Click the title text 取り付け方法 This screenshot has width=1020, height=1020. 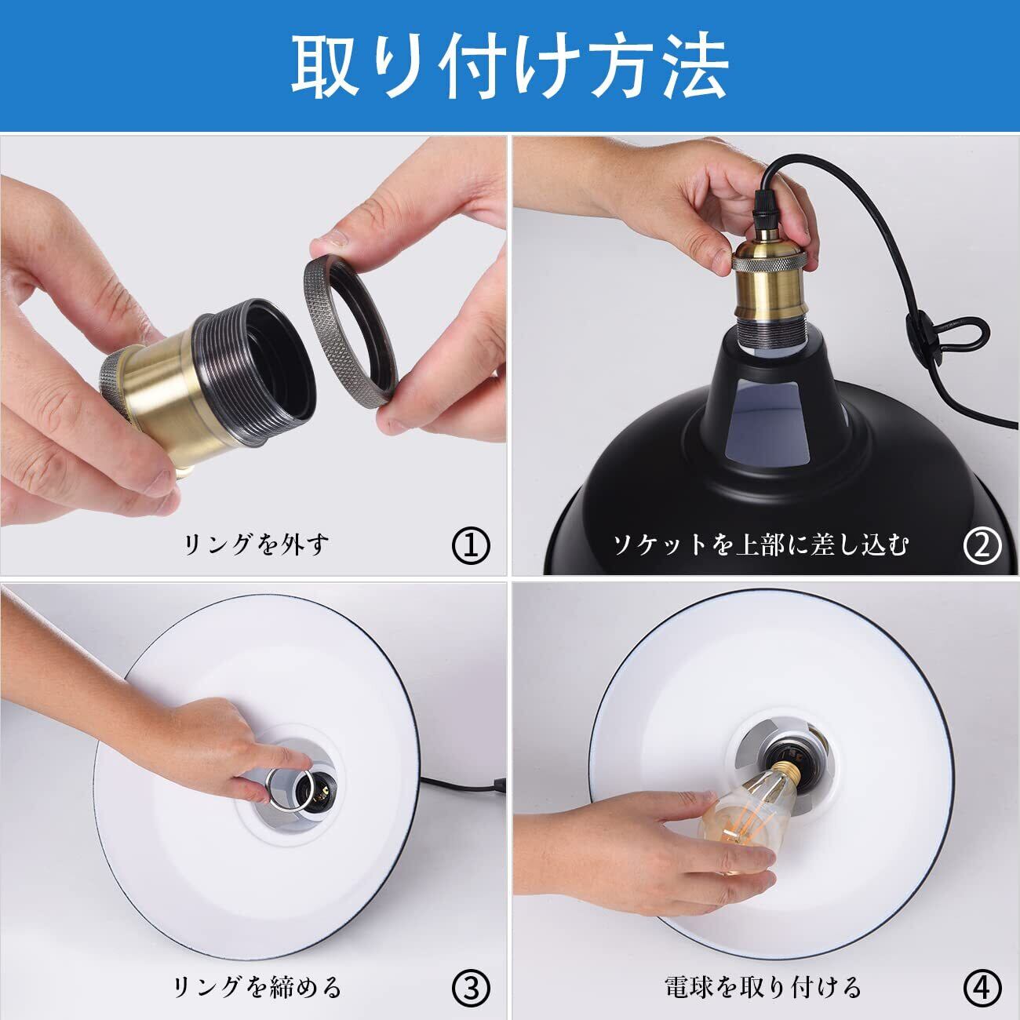point(510,65)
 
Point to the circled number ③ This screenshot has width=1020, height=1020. point(471,986)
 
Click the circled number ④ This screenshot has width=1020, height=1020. point(982,986)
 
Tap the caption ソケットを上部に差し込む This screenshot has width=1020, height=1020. point(760,545)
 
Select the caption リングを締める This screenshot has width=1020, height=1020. point(257,986)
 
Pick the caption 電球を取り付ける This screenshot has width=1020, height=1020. point(763,986)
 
